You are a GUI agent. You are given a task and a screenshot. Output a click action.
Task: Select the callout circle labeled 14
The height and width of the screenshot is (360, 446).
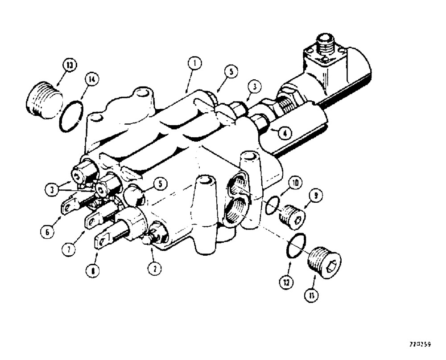pyautogui.click(x=92, y=80)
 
